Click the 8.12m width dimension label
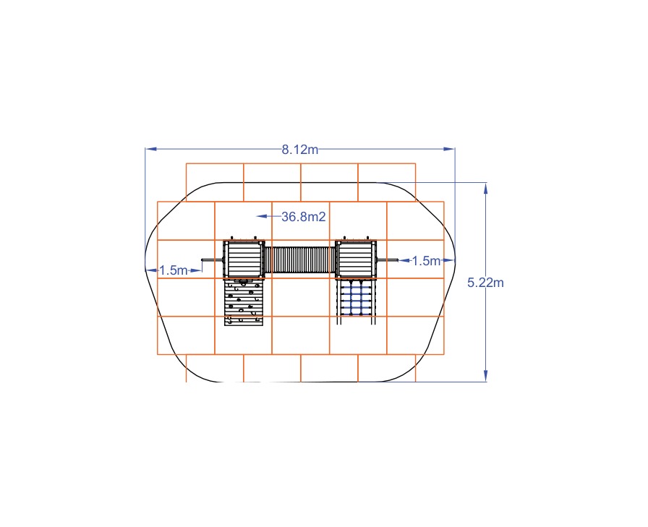tap(300, 150)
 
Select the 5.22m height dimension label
tap(485, 283)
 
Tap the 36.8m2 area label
tap(304, 216)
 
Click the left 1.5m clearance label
tap(173, 270)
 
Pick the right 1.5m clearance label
tap(426, 261)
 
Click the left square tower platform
tap(244, 259)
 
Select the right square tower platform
tap(356, 259)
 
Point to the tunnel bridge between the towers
tap(300, 260)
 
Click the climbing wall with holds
tap(244, 302)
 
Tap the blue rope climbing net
tap(356, 298)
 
